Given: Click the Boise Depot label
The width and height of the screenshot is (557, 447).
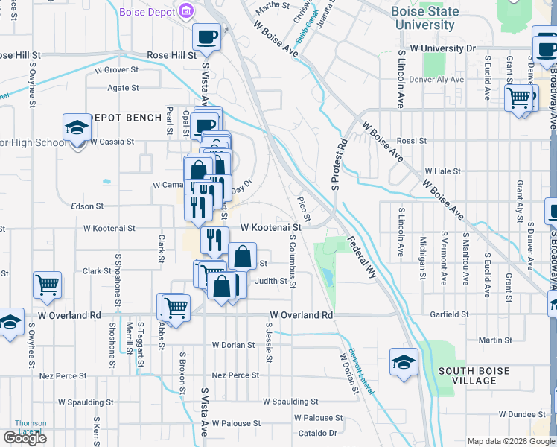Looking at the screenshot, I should click(147, 12).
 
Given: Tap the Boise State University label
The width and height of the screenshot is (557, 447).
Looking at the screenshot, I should click(424, 19).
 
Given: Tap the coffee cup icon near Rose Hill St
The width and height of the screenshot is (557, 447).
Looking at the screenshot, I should click(207, 37).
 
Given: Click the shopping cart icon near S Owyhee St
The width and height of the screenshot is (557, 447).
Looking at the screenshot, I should click(48, 285).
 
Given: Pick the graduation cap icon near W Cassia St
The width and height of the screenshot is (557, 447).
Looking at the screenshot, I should click(77, 128).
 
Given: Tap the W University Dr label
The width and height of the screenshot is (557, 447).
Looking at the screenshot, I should click(442, 48).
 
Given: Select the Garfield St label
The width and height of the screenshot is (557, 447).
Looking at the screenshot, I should click(448, 315).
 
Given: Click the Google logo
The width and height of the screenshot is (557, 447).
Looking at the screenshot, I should click(25, 438).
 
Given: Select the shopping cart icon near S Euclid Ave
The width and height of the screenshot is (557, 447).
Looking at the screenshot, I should click(518, 98).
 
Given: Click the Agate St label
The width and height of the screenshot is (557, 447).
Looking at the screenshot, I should click(124, 88).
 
